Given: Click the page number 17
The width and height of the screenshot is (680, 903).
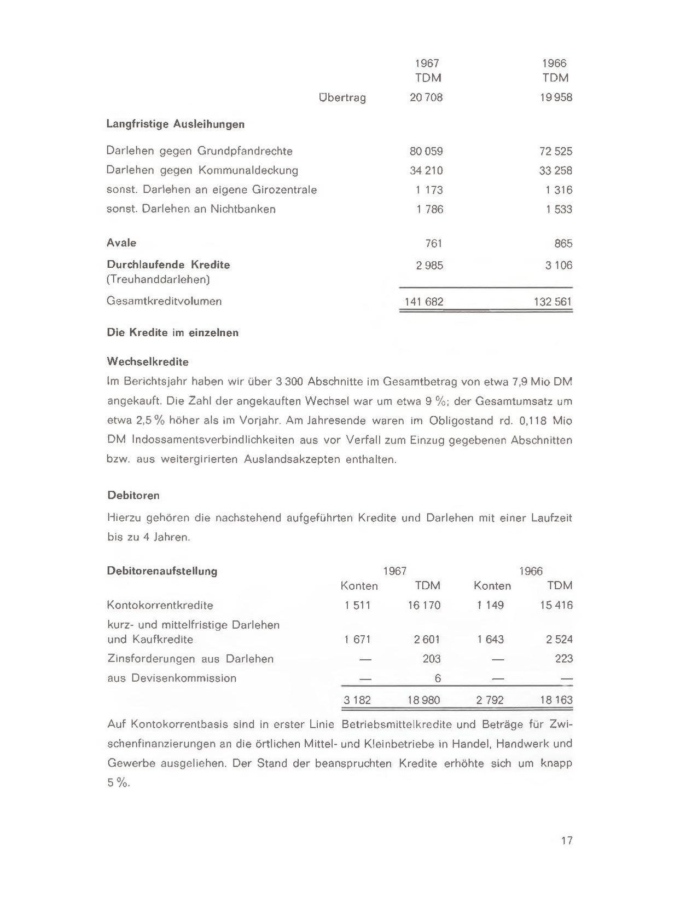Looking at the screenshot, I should [567, 840].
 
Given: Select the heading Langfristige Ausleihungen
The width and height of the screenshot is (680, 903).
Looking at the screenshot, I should [176, 124].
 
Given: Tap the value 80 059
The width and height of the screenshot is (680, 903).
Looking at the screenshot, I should [426, 151].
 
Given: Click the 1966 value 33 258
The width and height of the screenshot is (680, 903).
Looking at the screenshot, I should [555, 170].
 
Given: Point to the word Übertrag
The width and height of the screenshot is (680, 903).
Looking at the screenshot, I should [342, 98].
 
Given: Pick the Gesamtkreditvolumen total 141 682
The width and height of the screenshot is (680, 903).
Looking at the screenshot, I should [423, 302].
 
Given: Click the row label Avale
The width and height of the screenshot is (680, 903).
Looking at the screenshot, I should [121, 243].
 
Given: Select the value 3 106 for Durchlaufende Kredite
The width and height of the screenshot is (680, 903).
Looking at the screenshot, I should [558, 266].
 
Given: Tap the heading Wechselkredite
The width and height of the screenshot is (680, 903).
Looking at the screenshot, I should [148, 362].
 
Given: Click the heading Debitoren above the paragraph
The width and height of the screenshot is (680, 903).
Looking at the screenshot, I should [133, 496].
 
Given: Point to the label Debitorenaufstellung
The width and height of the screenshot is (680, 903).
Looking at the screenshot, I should [162, 571].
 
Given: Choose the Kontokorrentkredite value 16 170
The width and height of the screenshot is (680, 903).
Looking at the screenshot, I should [424, 605].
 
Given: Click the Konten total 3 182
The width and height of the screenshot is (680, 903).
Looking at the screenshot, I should [357, 700].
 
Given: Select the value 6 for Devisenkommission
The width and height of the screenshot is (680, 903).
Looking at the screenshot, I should [438, 678].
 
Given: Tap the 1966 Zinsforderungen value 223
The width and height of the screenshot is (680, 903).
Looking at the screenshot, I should [563, 659].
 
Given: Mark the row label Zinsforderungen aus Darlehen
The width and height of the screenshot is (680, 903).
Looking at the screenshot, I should [190, 659].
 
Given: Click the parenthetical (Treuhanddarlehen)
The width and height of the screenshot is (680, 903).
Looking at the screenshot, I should [159, 279].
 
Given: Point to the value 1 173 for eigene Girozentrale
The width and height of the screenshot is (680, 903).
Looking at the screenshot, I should [429, 190].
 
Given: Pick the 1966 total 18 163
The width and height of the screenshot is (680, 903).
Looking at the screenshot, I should [556, 700].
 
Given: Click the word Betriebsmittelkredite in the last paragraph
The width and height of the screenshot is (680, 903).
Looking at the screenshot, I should [397, 724].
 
